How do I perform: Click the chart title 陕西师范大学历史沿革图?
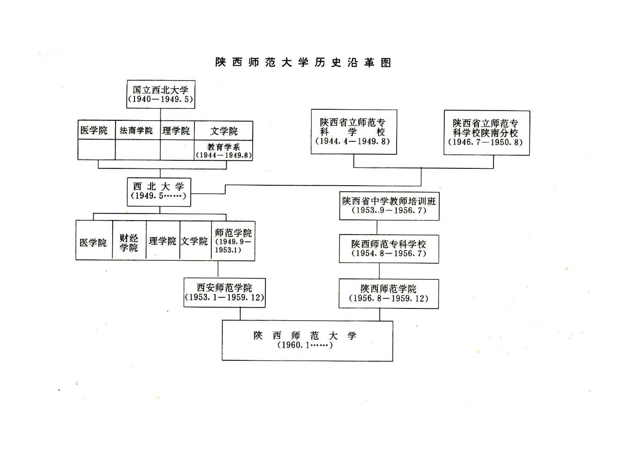click(x=303, y=62)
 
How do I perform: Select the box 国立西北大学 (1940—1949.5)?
click(x=161, y=94)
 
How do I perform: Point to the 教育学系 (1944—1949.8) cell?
click(x=224, y=150)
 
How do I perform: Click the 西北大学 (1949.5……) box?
click(x=159, y=192)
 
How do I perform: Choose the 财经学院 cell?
click(x=129, y=240)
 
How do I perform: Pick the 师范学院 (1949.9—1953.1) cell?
click(x=233, y=241)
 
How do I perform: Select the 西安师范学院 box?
click(x=224, y=292)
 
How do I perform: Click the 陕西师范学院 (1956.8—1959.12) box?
click(x=389, y=294)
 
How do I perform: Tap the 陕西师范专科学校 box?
click(x=389, y=249)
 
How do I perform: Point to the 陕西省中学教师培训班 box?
click(x=389, y=206)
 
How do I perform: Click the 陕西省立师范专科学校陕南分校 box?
click(x=487, y=132)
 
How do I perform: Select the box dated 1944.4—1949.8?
click(x=354, y=132)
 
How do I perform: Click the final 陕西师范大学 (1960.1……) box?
click(x=307, y=340)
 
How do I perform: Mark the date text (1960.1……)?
click(x=305, y=345)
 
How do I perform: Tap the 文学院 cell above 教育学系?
click(x=224, y=131)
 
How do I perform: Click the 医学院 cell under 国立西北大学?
click(x=97, y=130)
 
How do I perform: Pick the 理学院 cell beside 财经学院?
click(x=163, y=241)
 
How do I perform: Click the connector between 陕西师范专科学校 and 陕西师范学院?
click(x=379, y=271)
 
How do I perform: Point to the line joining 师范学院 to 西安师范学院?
click(x=218, y=269)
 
